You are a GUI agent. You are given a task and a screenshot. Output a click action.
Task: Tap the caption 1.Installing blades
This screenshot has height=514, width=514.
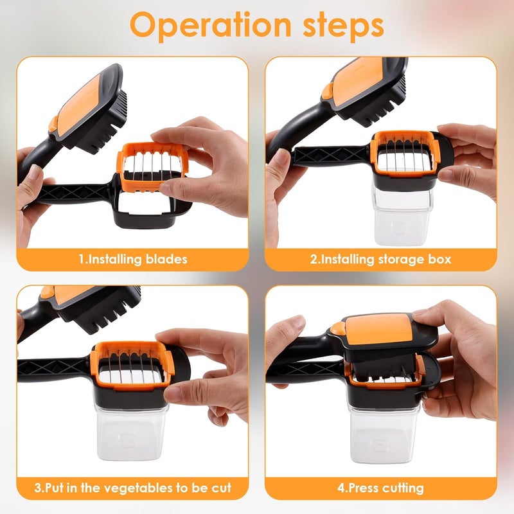(x=133, y=260)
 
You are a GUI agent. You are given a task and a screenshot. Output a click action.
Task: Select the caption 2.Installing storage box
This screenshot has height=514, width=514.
(x=380, y=260)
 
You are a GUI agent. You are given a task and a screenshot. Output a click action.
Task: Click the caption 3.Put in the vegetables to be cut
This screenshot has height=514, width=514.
(x=133, y=488)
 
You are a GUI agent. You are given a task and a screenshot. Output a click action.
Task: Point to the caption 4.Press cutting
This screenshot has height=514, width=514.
(x=380, y=488)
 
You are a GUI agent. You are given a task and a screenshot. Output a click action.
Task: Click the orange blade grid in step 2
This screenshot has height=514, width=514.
(x=405, y=154)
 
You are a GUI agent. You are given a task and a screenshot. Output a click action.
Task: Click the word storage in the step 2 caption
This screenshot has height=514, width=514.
(x=402, y=260)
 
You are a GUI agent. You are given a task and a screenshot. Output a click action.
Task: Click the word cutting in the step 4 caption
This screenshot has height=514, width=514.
(x=401, y=488)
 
